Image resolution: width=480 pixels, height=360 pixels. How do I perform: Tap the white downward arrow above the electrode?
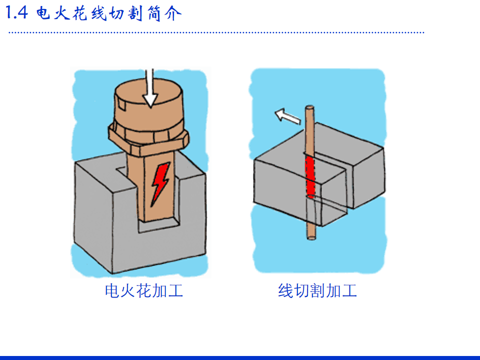pyautogui.click(x=149, y=88)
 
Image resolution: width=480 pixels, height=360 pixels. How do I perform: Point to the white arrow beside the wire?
pyautogui.click(x=287, y=116)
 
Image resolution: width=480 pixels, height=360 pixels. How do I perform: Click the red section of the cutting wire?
pyautogui.click(x=310, y=177)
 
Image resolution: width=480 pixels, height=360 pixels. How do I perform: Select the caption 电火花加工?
pyautogui.click(x=144, y=290)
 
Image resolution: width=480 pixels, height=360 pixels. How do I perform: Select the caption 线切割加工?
pyautogui.click(x=317, y=290)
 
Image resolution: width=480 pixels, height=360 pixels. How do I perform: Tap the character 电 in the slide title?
pyautogui.click(x=43, y=13)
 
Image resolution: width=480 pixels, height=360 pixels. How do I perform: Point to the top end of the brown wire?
pyautogui.click(x=309, y=107)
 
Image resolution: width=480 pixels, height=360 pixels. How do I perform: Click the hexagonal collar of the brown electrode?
pyautogui.click(x=148, y=139)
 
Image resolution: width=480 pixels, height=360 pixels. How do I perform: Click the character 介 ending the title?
pyautogui.click(x=173, y=13)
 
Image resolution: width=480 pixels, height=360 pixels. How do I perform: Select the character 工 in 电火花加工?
pyautogui.click(x=175, y=290)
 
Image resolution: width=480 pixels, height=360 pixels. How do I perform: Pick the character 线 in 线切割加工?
pyautogui.click(x=285, y=290)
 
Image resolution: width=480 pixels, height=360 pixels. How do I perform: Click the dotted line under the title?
pyautogui.click(x=216, y=32)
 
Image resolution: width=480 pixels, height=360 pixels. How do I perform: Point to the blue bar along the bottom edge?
pyautogui.click(x=240, y=358)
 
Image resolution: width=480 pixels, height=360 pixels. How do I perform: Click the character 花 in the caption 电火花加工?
pyautogui.click(x=144, y=290)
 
